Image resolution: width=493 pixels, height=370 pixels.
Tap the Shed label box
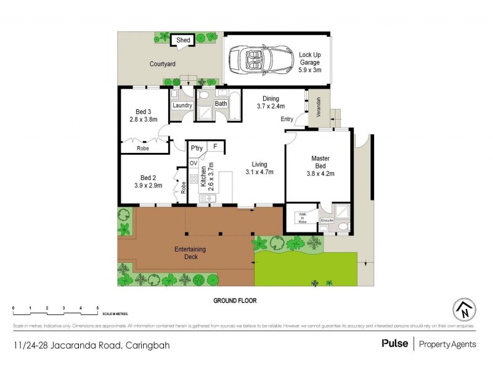[x=183, y=41]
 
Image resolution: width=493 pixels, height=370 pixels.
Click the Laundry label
[x=182, y=105]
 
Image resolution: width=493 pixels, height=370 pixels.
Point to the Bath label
[x=221, y=104]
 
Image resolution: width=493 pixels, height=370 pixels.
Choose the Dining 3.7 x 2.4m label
[x=271, y=102]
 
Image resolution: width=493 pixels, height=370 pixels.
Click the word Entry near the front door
[x=287, y=119]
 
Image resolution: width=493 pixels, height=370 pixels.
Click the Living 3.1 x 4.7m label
[x=258, y=168]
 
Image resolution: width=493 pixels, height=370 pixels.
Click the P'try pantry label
[x=197, y=149]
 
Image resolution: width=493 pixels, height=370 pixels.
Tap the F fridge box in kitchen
[x=215, y=147]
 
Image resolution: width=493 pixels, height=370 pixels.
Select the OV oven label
[x=193, y=163]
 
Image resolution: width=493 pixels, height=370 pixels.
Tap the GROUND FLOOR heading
[x=235, y=301]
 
